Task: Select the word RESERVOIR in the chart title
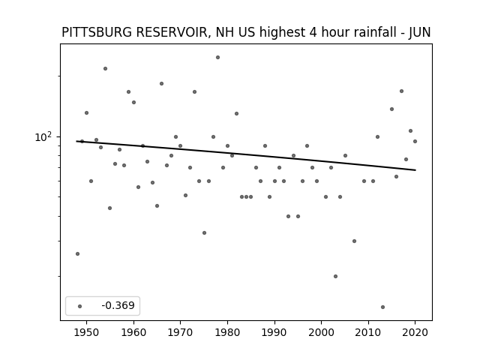173,33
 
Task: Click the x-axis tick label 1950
87,332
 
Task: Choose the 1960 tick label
133,332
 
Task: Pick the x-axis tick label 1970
180,332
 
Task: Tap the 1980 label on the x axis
227,332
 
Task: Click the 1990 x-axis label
274,332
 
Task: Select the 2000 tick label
321,332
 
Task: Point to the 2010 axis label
368,332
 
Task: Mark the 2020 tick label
415,332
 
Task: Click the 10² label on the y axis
43,136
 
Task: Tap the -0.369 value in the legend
118,305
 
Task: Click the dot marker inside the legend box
80,306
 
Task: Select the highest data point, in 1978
217,57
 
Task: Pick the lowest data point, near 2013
382,307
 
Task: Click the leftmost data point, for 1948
77,253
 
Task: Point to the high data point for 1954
105,68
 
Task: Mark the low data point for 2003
335,276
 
